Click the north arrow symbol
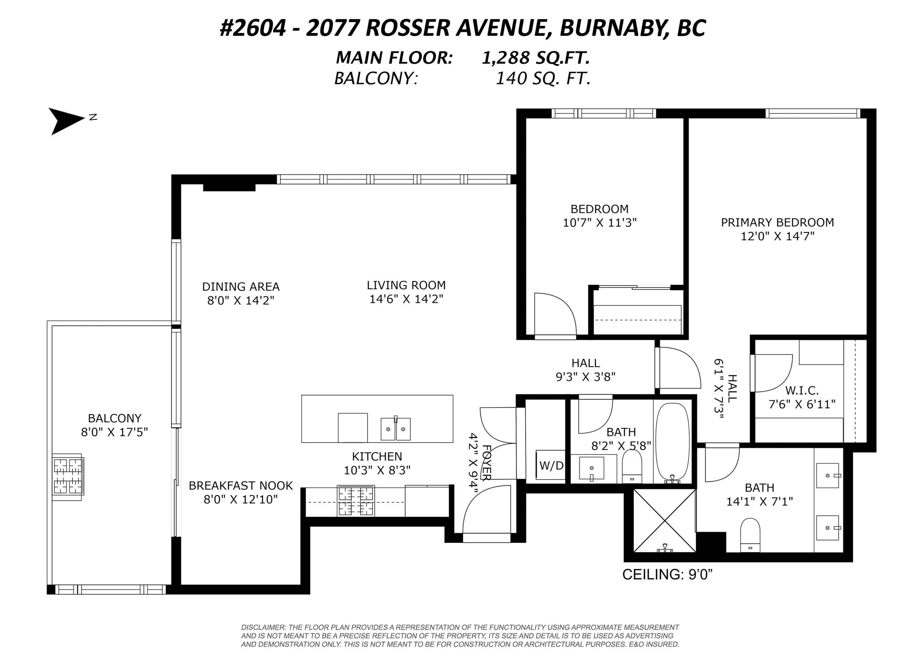(x=67, y=121)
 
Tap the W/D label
(x=551, y=465)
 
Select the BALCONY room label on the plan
(x=114, y=418)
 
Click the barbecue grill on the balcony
(x=68, y=477)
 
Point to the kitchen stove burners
(x=356, y=501)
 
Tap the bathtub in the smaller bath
(x=672, y=443)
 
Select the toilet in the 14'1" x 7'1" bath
(x=750, y=535)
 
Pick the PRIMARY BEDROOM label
(x=777, y=222)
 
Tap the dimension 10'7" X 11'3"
(x=599, y=223)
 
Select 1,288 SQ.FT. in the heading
(x=536, y=58)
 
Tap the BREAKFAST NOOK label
(x=241, y=486)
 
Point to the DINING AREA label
(x=241, y=287)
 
